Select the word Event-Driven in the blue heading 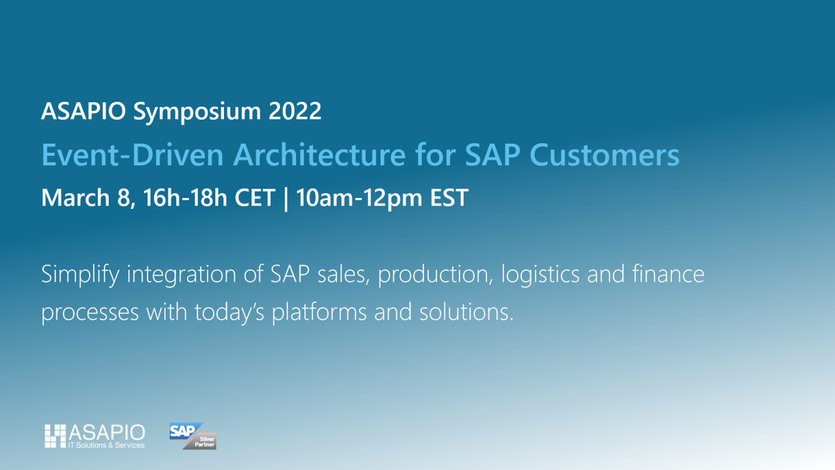point(133,155)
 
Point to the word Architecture point(319,155)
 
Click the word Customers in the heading point(604,155)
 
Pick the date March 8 point(86,198)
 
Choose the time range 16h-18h point(185,198)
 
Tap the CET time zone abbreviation point(254,198)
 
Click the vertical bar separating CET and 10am point(286,199)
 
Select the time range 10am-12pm point(359,198)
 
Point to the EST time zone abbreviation point(449,198)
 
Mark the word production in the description point(435,275)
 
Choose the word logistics point(540,275)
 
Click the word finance point(668,274)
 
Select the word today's point(229,313)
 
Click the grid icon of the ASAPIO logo point(55,436)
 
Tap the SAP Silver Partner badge point(193,436)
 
